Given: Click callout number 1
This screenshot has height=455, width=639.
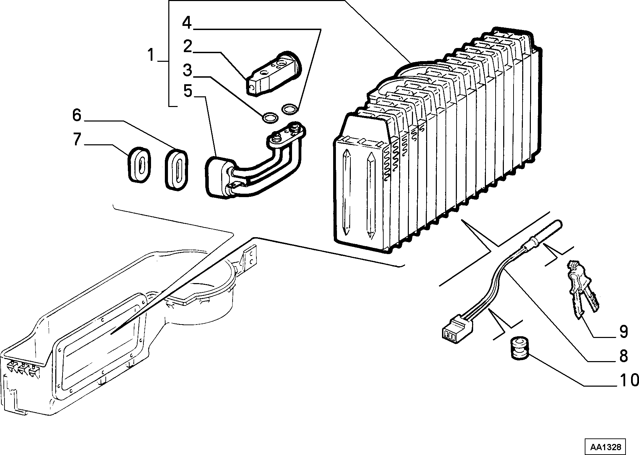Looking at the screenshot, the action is [151, 55].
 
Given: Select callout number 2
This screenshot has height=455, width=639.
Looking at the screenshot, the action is [188, 46].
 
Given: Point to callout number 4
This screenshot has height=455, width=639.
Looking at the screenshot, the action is [187, 22].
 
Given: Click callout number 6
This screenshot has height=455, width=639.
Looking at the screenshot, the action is [77, 115].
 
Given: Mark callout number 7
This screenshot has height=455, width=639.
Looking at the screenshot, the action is [77, 139].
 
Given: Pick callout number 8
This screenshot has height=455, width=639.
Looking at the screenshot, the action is [623, 356].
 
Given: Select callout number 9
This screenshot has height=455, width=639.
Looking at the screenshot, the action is [623, 332].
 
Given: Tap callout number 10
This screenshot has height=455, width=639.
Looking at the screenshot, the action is [629, 380].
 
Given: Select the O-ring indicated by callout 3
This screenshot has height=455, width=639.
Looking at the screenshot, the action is [270, 117].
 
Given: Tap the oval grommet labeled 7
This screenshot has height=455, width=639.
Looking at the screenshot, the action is [140, 164].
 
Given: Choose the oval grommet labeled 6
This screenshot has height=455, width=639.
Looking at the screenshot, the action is [177, 169].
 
